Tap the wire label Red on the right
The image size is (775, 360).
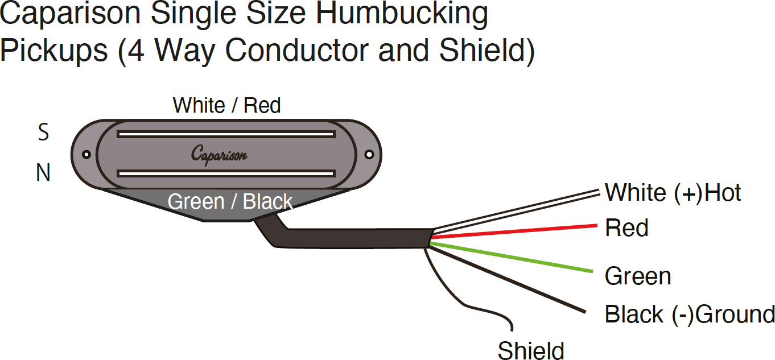tap(626, 228)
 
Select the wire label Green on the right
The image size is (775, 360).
tap(638, 276)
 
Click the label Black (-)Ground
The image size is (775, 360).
tap(689, 314)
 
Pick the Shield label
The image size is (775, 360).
tap(531, 350)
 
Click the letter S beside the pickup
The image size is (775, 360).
tap(43, 133)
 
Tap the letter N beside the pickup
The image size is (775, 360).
tap(43, 173)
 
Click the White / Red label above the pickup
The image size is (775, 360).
tap(226, 106)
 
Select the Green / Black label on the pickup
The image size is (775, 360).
tap(230, 202)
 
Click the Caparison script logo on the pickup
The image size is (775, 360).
tap(219, 154)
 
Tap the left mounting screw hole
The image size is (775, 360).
tap(86, 154)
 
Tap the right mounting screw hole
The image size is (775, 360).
tap(369, 154)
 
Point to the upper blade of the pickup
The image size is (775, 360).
tap(225, 135)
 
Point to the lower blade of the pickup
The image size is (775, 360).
tap(225, 172)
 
